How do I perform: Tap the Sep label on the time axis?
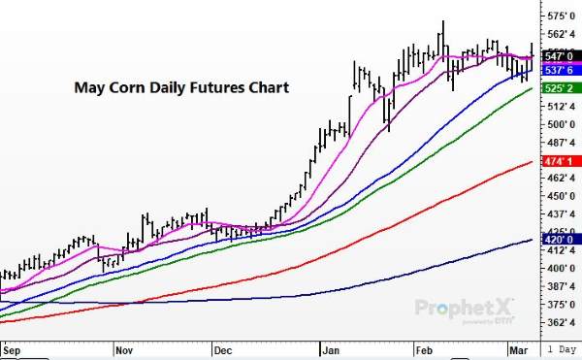pos(12,346)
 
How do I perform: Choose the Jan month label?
pos(331,346)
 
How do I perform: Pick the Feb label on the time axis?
pos(425,346)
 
